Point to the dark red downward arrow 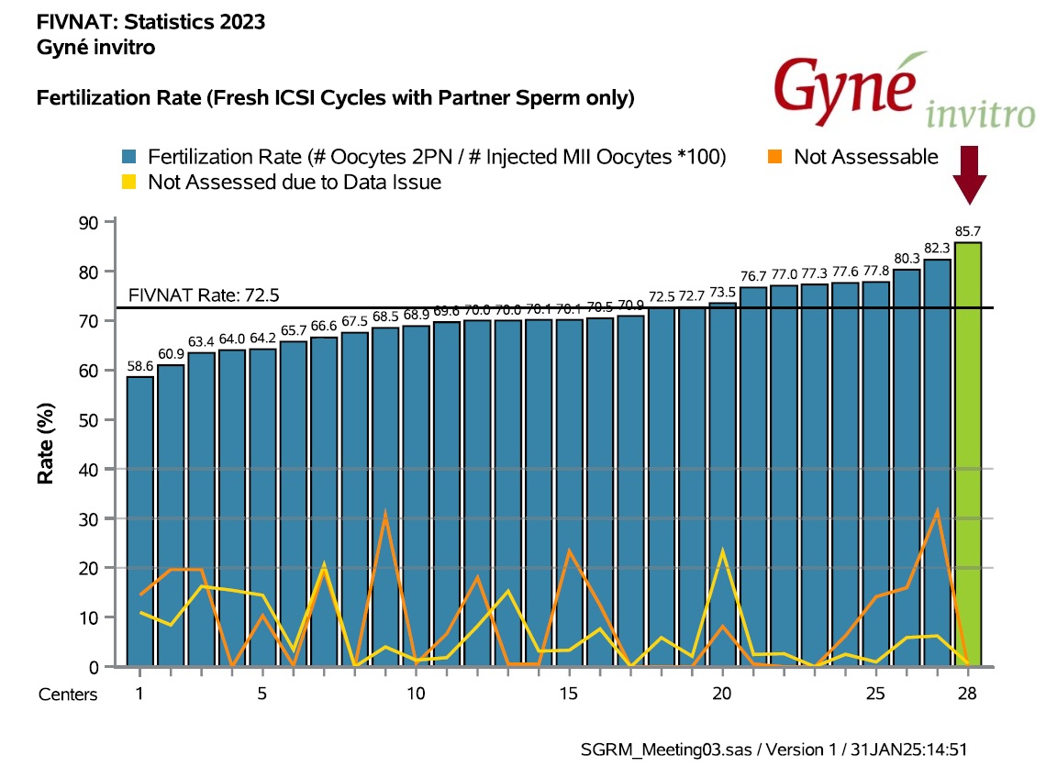969,174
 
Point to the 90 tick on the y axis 92,223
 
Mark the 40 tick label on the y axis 92,470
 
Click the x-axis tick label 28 967,694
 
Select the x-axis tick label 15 569,694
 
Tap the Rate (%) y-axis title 43,446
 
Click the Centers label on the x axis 68,695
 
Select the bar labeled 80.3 907,468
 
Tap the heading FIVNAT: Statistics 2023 151,22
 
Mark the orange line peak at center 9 385,513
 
